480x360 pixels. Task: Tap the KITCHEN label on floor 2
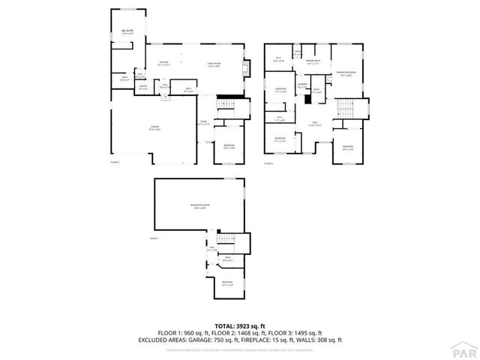coord(163,63)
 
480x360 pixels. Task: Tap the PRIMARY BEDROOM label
coord(346,72)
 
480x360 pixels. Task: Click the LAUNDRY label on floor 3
coord(301,85)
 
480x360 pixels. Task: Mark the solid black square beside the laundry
coord(306,97)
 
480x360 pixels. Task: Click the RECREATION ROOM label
coord(200,206)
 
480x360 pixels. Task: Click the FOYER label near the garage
coord(203,122)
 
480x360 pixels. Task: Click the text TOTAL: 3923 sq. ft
coord(239,325)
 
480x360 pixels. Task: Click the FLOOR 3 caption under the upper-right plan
coord(268,162)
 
